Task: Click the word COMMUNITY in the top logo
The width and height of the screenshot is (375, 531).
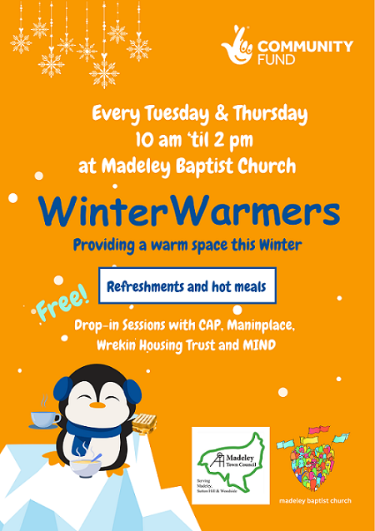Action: tap(305, 47)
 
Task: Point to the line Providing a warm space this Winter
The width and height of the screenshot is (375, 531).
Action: tap(187, 246)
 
